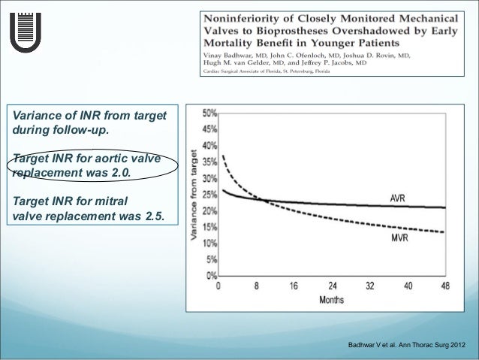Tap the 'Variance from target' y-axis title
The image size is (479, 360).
tap(193, 194)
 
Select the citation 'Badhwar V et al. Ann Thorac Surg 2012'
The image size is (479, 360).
tap(405, 345)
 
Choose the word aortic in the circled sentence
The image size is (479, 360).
tap(98, 159)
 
